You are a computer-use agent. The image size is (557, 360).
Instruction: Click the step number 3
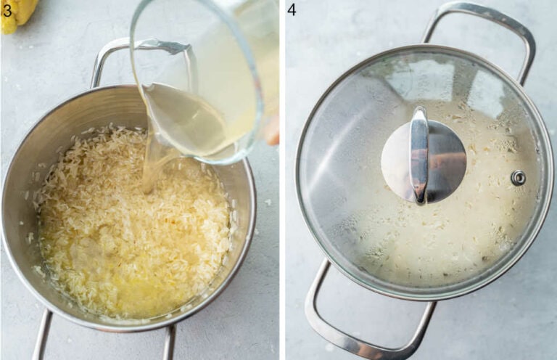[7, 9]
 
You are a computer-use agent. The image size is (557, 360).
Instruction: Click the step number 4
[292, 9]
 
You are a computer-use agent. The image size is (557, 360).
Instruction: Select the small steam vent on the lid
[518, 177]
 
